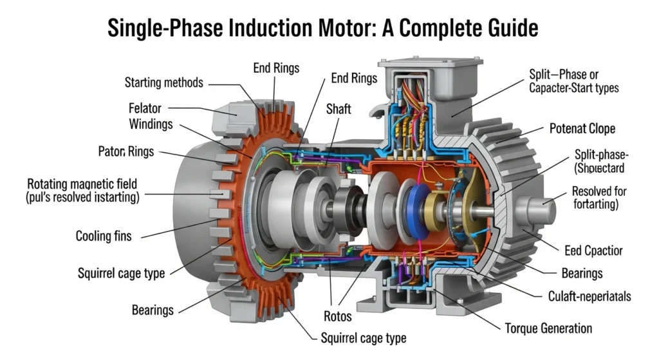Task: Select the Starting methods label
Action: pos(163,82)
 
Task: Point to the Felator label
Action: pos(145,108)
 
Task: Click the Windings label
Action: pos(151,124)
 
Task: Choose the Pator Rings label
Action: pos(125,152)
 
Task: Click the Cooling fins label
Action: pos(103,236)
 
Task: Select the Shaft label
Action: pos(339,109)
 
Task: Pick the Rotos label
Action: pos(337,316)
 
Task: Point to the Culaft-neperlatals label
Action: pos(580,296)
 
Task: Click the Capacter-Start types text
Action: pos(573,88)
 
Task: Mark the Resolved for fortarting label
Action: pos(599,198)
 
